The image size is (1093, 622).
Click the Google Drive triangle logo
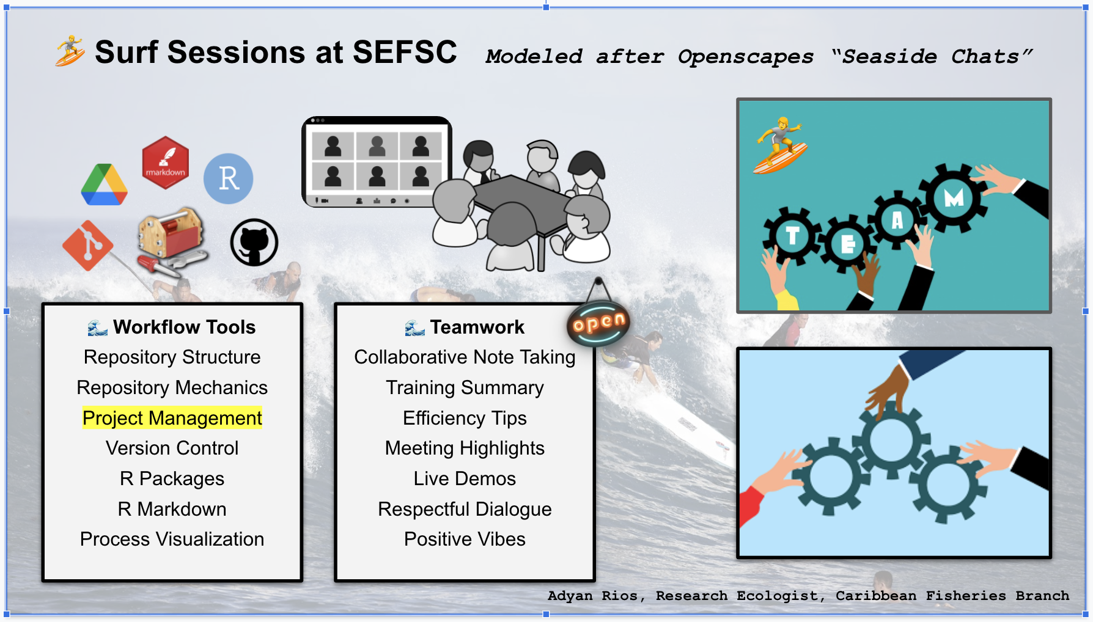(104, 185)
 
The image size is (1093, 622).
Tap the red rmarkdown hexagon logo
(165, 163)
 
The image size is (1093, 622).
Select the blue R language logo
(228, 178)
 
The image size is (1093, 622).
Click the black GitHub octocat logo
(254, 243)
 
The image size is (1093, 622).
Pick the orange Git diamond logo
(88, 245)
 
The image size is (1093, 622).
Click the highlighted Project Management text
(172, 418)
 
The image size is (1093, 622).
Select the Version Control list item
(172, 448)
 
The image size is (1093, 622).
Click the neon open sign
(598, 323)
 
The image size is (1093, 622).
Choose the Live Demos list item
(465, 478)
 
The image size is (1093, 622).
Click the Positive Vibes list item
(465, 539)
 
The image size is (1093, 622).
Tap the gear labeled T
(792, 235)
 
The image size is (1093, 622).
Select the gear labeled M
(953, 197)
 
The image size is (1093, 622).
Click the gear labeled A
(897, 220)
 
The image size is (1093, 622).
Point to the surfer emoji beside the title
(70, 51)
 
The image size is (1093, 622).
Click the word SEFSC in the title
(405, 52)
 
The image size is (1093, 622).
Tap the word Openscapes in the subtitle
(746, 57)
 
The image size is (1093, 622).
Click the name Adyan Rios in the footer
(593, 596)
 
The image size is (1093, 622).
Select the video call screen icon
(377, 162)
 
